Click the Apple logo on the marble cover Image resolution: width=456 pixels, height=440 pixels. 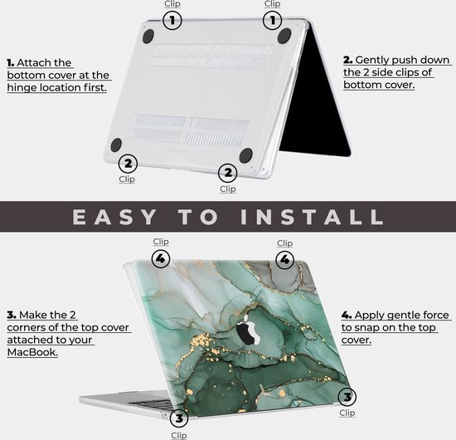point(247,333)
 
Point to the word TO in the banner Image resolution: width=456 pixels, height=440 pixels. point(203,217)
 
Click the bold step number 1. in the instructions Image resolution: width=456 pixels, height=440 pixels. point(12,62)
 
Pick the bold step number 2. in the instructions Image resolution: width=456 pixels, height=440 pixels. point(348,61)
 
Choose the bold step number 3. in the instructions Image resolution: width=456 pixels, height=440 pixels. point(12,315)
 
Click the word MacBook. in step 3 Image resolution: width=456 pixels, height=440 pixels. point(32,353)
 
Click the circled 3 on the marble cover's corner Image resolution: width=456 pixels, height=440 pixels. point(347,397)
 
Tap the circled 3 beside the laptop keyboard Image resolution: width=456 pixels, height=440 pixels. point(178,418)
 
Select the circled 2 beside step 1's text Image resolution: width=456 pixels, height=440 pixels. point(127,163)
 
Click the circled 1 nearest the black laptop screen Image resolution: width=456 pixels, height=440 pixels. point(272,20)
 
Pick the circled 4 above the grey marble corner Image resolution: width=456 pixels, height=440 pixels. point(284,259)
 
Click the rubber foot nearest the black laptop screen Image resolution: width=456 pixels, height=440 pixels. point(284,36)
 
